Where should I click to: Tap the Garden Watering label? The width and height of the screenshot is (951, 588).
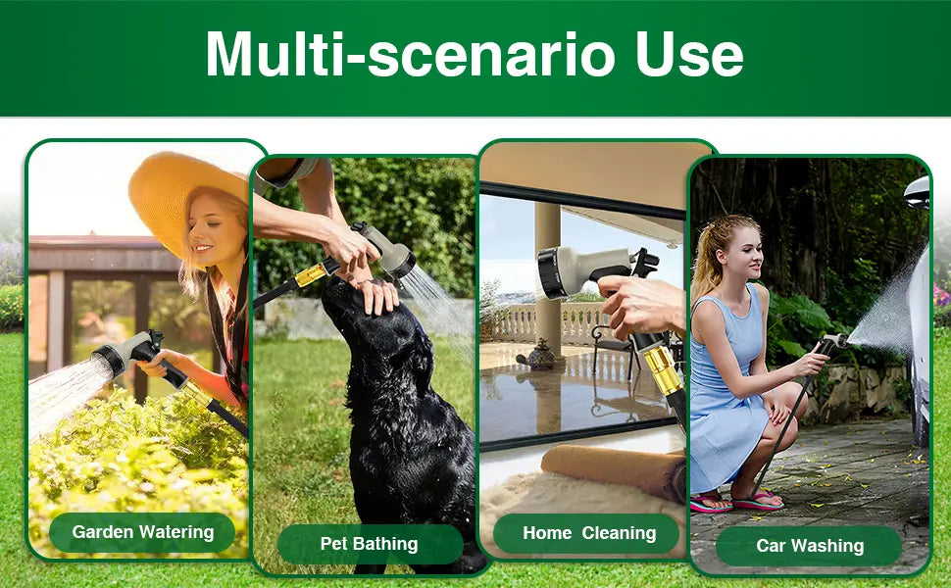tap(142, 532)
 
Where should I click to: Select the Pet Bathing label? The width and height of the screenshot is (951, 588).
tap(370, 544)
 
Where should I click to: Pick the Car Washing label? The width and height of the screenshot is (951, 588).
tap(810, 546)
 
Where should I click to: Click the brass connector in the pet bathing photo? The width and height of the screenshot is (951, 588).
tap(311, 274)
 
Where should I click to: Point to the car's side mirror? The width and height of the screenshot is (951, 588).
tap(917, 193)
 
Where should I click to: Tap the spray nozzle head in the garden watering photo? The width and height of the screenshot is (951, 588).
tap(111, 359)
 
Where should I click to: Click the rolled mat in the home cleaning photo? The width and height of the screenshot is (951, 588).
tap(614, 470)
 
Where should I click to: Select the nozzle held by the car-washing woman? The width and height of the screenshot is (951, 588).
tap(833, 341)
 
